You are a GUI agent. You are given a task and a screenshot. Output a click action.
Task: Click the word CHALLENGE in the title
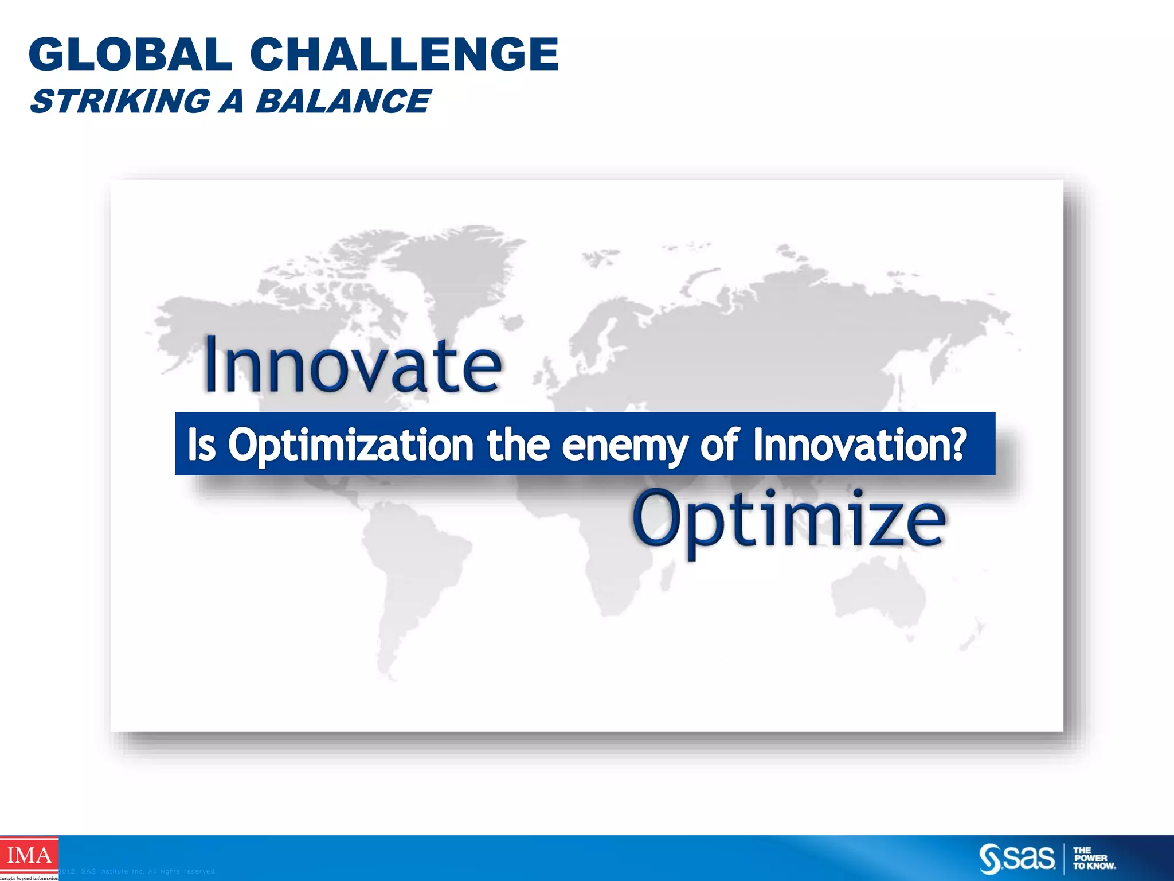coord(404,54)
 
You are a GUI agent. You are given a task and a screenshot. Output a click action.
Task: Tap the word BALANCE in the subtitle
coord(342,102)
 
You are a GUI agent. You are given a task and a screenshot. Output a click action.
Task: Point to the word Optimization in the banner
coord(351,445)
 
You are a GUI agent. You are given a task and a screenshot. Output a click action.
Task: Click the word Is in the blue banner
coord(202,445)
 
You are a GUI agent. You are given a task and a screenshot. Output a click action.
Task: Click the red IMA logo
coord(29,856)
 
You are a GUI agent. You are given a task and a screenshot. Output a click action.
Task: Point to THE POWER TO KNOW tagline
coord(1094,859)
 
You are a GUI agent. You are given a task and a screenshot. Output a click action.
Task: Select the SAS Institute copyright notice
coord(138,871)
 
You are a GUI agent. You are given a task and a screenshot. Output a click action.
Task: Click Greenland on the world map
coord(441,270)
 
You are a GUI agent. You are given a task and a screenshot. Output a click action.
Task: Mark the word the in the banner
coord(518,445)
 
